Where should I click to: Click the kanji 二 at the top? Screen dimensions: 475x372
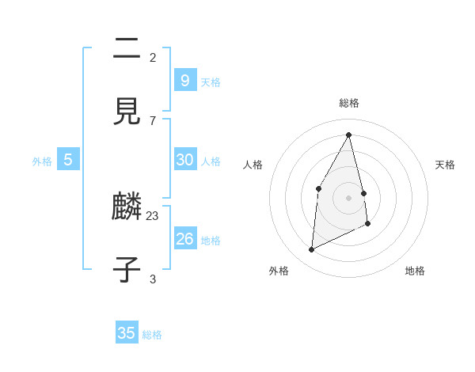(x=127, y=49)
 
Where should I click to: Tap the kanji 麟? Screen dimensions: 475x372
(x=127, y=208)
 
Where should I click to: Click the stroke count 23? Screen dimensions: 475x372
(x=153, y=215)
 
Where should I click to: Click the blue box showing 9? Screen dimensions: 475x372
(x=184, y=80)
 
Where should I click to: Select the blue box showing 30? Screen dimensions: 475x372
(x=184, y=159)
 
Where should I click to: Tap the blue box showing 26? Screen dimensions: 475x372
(x=184, y=238)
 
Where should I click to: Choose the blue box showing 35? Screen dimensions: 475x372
(x=127, y=332)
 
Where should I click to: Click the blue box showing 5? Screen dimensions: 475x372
(x=68, y=159)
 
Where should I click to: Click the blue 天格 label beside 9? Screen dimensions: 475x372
(x=211, y=82)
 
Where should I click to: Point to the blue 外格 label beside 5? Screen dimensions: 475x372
(x=42, y=161)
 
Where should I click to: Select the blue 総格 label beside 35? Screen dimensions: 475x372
(x=152, y=335)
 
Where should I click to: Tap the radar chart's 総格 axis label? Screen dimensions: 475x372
(x=349, y=103)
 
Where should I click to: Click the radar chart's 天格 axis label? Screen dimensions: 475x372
(x=445, y=165)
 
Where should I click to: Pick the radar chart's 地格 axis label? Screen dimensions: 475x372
(x=415, y=271)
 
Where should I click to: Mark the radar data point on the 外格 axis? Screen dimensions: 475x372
(x=311, y=250)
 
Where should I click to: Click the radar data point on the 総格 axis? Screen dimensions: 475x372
(x=349, y=135)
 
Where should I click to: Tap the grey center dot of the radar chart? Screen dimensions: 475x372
(x=349, y=197)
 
